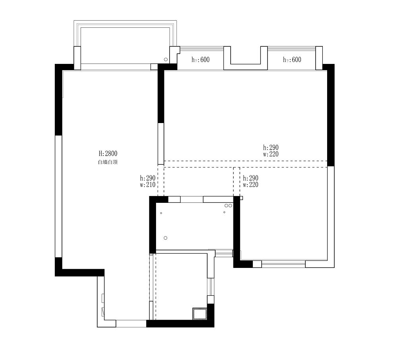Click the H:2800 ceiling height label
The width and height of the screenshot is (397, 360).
pyautogui.click(x=108, y=154)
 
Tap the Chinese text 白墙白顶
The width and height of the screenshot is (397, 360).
pyautogui.click(x=108, y=162)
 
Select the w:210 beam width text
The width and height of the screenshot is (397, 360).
pyautogui.click(x=148, y=185)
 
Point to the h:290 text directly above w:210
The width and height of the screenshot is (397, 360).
pyautogui.click(x=148, y=178)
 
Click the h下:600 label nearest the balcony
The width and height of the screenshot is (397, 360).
pyautogui.click(x=200, y=60)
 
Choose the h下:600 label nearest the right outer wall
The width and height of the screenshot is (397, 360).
pyautogui.click(x=292, y=60)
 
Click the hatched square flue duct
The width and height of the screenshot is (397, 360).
pyautogui.click(x=200, y=314)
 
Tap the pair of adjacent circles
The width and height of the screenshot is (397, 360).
pyautogui.click(x=228, y=206)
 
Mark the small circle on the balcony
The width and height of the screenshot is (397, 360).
pyautogui.click(x=166, y=60)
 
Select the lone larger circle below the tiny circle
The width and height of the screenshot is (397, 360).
pyautogui.click(x=165, y=238)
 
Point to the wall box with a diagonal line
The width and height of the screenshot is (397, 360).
pyautogui.click(x=103, y=312)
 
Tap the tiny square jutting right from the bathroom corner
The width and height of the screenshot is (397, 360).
pyautogui.click(x=241, y=198)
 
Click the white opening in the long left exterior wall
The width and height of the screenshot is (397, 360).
pyautogui.click(x=58, y=196)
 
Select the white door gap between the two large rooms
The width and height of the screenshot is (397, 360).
pyautogui.click(x=161, y=144)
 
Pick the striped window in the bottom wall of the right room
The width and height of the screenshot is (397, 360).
pyautogui.click(x=283, y=264)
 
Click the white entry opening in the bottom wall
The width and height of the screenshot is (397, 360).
pyautogui.click(x=131, y=323)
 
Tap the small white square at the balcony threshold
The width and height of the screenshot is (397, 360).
pyautogui.click(x=154, y=67)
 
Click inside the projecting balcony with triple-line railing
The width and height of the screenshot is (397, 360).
pyautogui.click(x=125, y=45)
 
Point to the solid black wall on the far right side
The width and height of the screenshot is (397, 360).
pyautogui.click(x=331, y=115)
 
